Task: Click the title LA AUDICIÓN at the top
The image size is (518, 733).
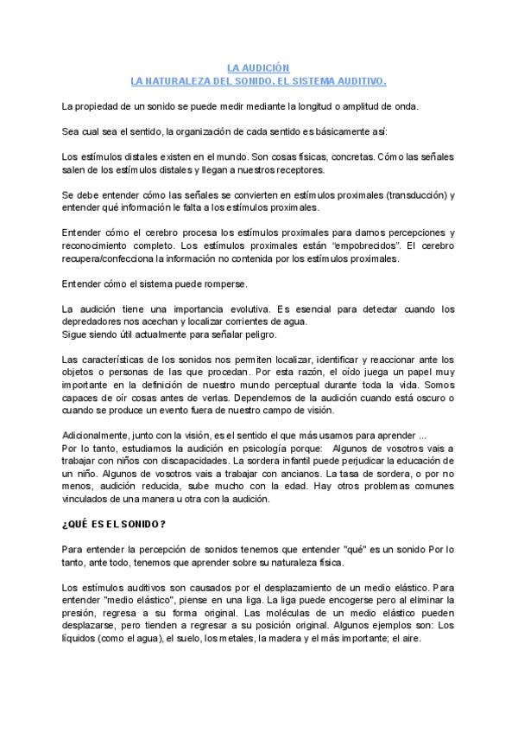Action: pyautogui.click(x=258, y=67)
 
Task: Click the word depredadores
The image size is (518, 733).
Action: pyautogui.click(x=94, y=322)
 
